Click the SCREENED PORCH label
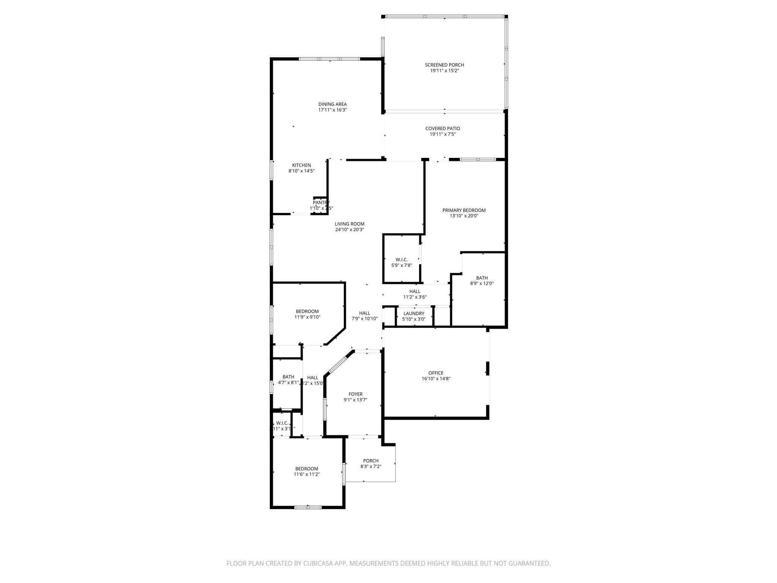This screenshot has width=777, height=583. (444, 65)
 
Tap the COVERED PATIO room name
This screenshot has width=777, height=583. (442, 129)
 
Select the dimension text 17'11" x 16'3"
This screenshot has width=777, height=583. (332, 110)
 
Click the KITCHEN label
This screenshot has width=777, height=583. (301, 165)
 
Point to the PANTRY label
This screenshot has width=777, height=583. (321, 203)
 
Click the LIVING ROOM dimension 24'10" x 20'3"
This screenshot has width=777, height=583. (349, 230)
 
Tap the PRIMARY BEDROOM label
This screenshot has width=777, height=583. (464, 210)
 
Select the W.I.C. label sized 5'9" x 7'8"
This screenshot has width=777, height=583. (401, 260)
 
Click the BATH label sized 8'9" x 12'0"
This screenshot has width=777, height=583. (482, 278)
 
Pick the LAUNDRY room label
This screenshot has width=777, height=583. (414, 314)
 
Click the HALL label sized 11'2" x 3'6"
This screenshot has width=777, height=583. (415, 291)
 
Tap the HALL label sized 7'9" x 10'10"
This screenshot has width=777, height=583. (364, 313)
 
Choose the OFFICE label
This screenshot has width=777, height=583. (436, 373)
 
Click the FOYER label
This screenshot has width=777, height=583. (355, 394)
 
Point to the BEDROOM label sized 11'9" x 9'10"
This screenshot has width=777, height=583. (307, 312)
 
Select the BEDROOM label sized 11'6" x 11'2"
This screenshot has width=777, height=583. (307, 469)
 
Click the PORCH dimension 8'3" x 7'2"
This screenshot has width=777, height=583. (371, 466)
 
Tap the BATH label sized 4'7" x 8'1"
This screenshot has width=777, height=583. (288, 377)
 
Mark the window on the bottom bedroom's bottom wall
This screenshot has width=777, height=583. (308, 507)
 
